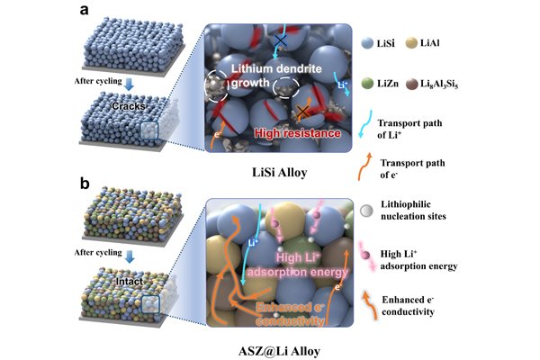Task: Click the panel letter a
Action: pyautogui.click(x=84, y=10)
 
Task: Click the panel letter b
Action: pyautogui.click(x=85, y=184)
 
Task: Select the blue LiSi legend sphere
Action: pyautogui.click(x=367, y=43)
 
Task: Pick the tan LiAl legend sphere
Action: pyautogui.click(x=411, y=42)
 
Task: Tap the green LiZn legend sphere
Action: pyautogui.click(x=367, y=84)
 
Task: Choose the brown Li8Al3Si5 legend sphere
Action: pyautogui.click(x=411, y=84)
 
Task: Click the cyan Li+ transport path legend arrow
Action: pyautogui.click(x=365, y=124)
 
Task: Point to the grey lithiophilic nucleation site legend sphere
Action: pyautogui.click(x=366, y=211)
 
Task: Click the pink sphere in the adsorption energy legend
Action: pyautogui.click(x=365, y=256)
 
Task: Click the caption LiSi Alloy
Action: pyautogui.click(x=279, y=172)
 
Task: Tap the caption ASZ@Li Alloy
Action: pyautogui.click(x=279, y=351)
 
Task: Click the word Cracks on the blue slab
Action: pyautogui.click(x=129, y=106)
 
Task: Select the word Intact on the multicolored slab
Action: pyautogui.click(x=129, y=282)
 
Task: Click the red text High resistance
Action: pyautogui.click(x=298, y=133)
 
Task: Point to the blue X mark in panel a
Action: pyautogui.click(x=281, y=40)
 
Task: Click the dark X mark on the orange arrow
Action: pyautogui.click(x=303, y=111)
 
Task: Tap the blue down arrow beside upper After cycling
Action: pyautogui.click(x=129, y=84)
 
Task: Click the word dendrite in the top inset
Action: pyautogui.click(x=299, y=68)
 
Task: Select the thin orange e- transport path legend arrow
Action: pyautogui.click(x=365, y=166)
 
